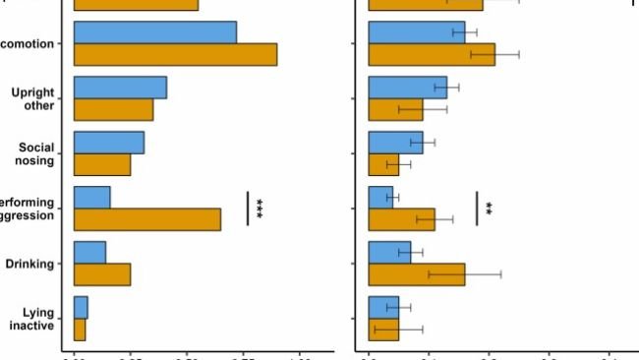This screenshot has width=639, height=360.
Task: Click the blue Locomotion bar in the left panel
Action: coord(154,32)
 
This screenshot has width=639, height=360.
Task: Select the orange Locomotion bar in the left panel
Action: coord(175,54)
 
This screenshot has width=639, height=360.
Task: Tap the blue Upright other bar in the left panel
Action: coord(120,88)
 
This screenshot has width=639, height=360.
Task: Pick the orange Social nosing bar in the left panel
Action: coord(102,164)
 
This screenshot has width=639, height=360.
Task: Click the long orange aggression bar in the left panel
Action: coord(147,219)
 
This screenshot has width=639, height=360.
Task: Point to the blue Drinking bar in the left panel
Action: coord(89,253)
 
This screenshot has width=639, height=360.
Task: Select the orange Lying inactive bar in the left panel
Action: coord(80,330)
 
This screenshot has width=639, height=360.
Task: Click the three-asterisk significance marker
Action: coord(261,208)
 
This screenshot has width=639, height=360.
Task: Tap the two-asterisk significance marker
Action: coord(489,209)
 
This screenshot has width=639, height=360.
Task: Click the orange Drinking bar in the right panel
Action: coord(416,274)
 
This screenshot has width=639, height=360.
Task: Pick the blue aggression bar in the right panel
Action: coord(380,198)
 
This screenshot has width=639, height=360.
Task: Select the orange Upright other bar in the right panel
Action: coord(395,109)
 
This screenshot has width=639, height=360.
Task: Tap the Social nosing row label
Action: coord(36,153)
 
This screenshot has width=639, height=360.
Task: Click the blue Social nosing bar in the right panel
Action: coord(395,143)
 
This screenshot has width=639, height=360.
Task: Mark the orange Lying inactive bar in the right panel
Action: coord(383,330)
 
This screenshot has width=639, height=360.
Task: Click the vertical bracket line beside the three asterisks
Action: coord(248,208)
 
